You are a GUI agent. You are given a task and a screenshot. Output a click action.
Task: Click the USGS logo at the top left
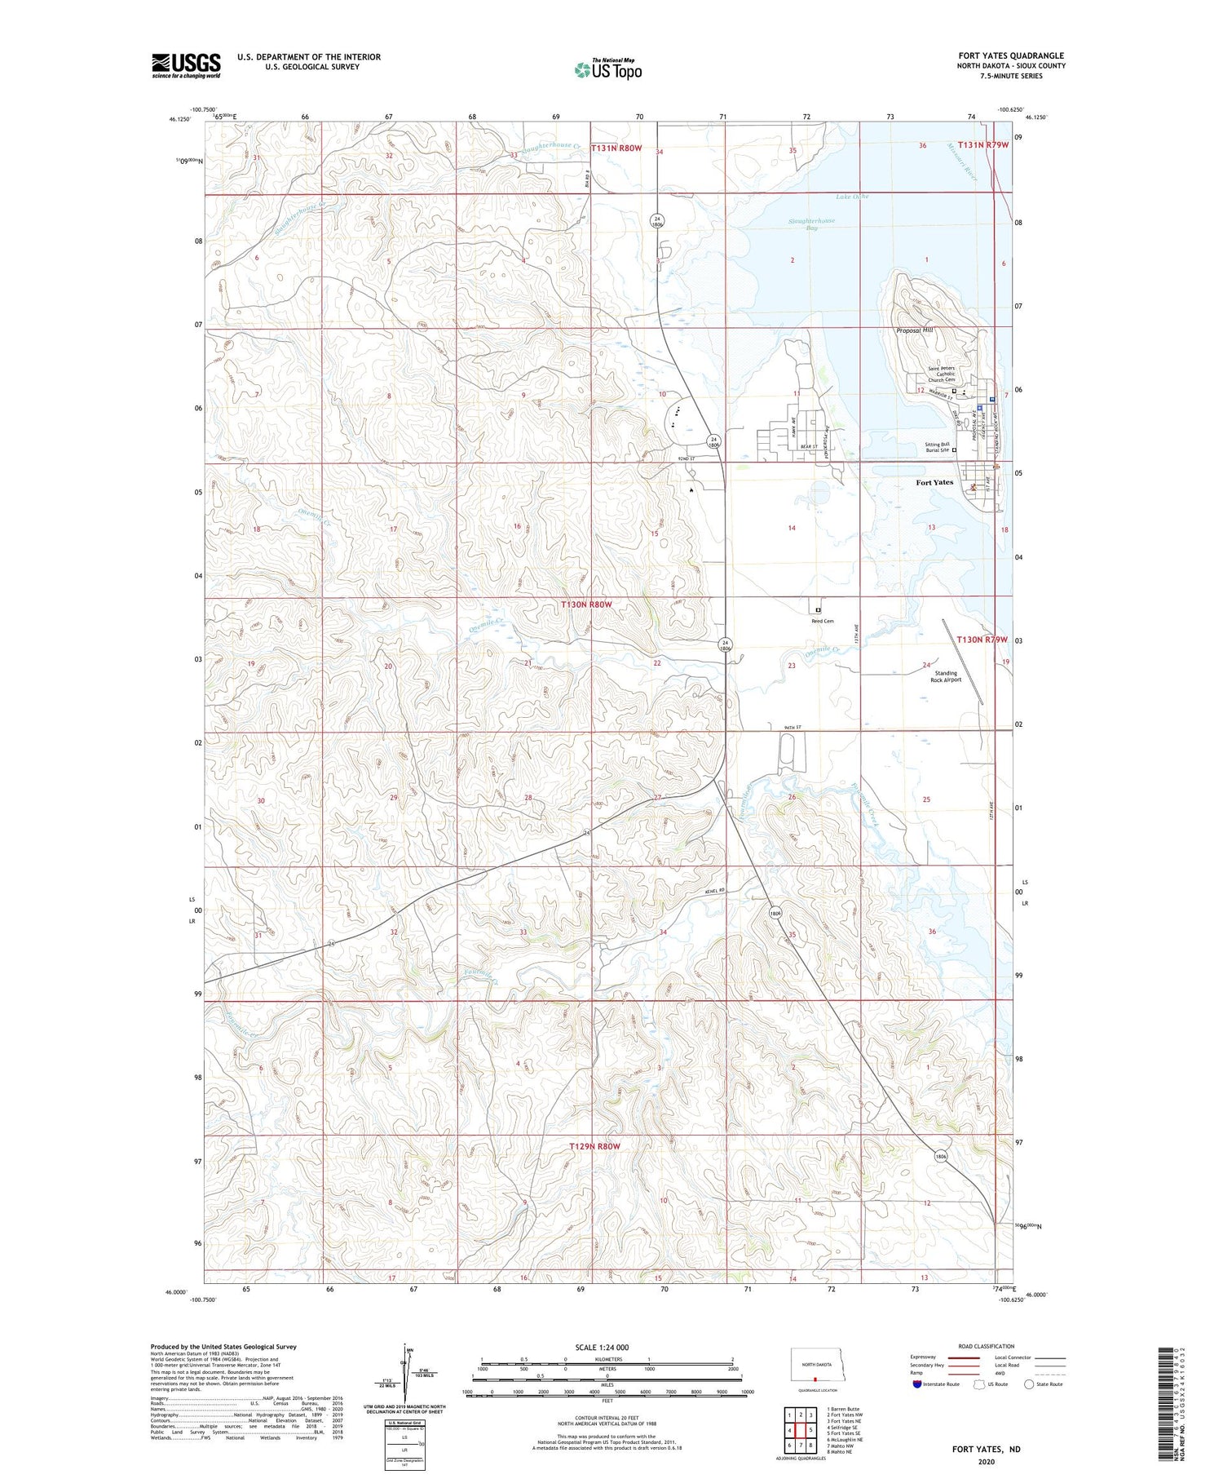[x=186, y=65]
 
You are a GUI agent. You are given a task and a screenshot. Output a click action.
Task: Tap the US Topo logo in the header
[x=608, y=69]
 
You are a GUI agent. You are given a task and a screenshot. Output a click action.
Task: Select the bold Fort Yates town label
[x=934, y=482]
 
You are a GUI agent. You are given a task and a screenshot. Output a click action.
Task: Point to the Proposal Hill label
[x=914, y=330]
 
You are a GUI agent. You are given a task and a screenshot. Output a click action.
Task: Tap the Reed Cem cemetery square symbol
[x=818, y=609]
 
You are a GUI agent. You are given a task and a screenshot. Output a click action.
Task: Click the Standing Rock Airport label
[x=946, y=676]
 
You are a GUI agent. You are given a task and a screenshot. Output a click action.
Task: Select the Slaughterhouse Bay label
[x=811, y=224]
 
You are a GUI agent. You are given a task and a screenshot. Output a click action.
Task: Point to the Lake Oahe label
[x=852, y=197]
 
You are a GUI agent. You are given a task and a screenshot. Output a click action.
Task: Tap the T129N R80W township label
[x=594, y=1146]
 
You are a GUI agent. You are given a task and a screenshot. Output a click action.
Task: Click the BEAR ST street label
[x=809, y=446]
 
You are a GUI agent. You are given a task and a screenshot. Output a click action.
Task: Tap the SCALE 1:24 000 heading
[x=607, y=1347]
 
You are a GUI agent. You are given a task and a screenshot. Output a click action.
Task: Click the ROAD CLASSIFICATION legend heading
[x=986, y=1346]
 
